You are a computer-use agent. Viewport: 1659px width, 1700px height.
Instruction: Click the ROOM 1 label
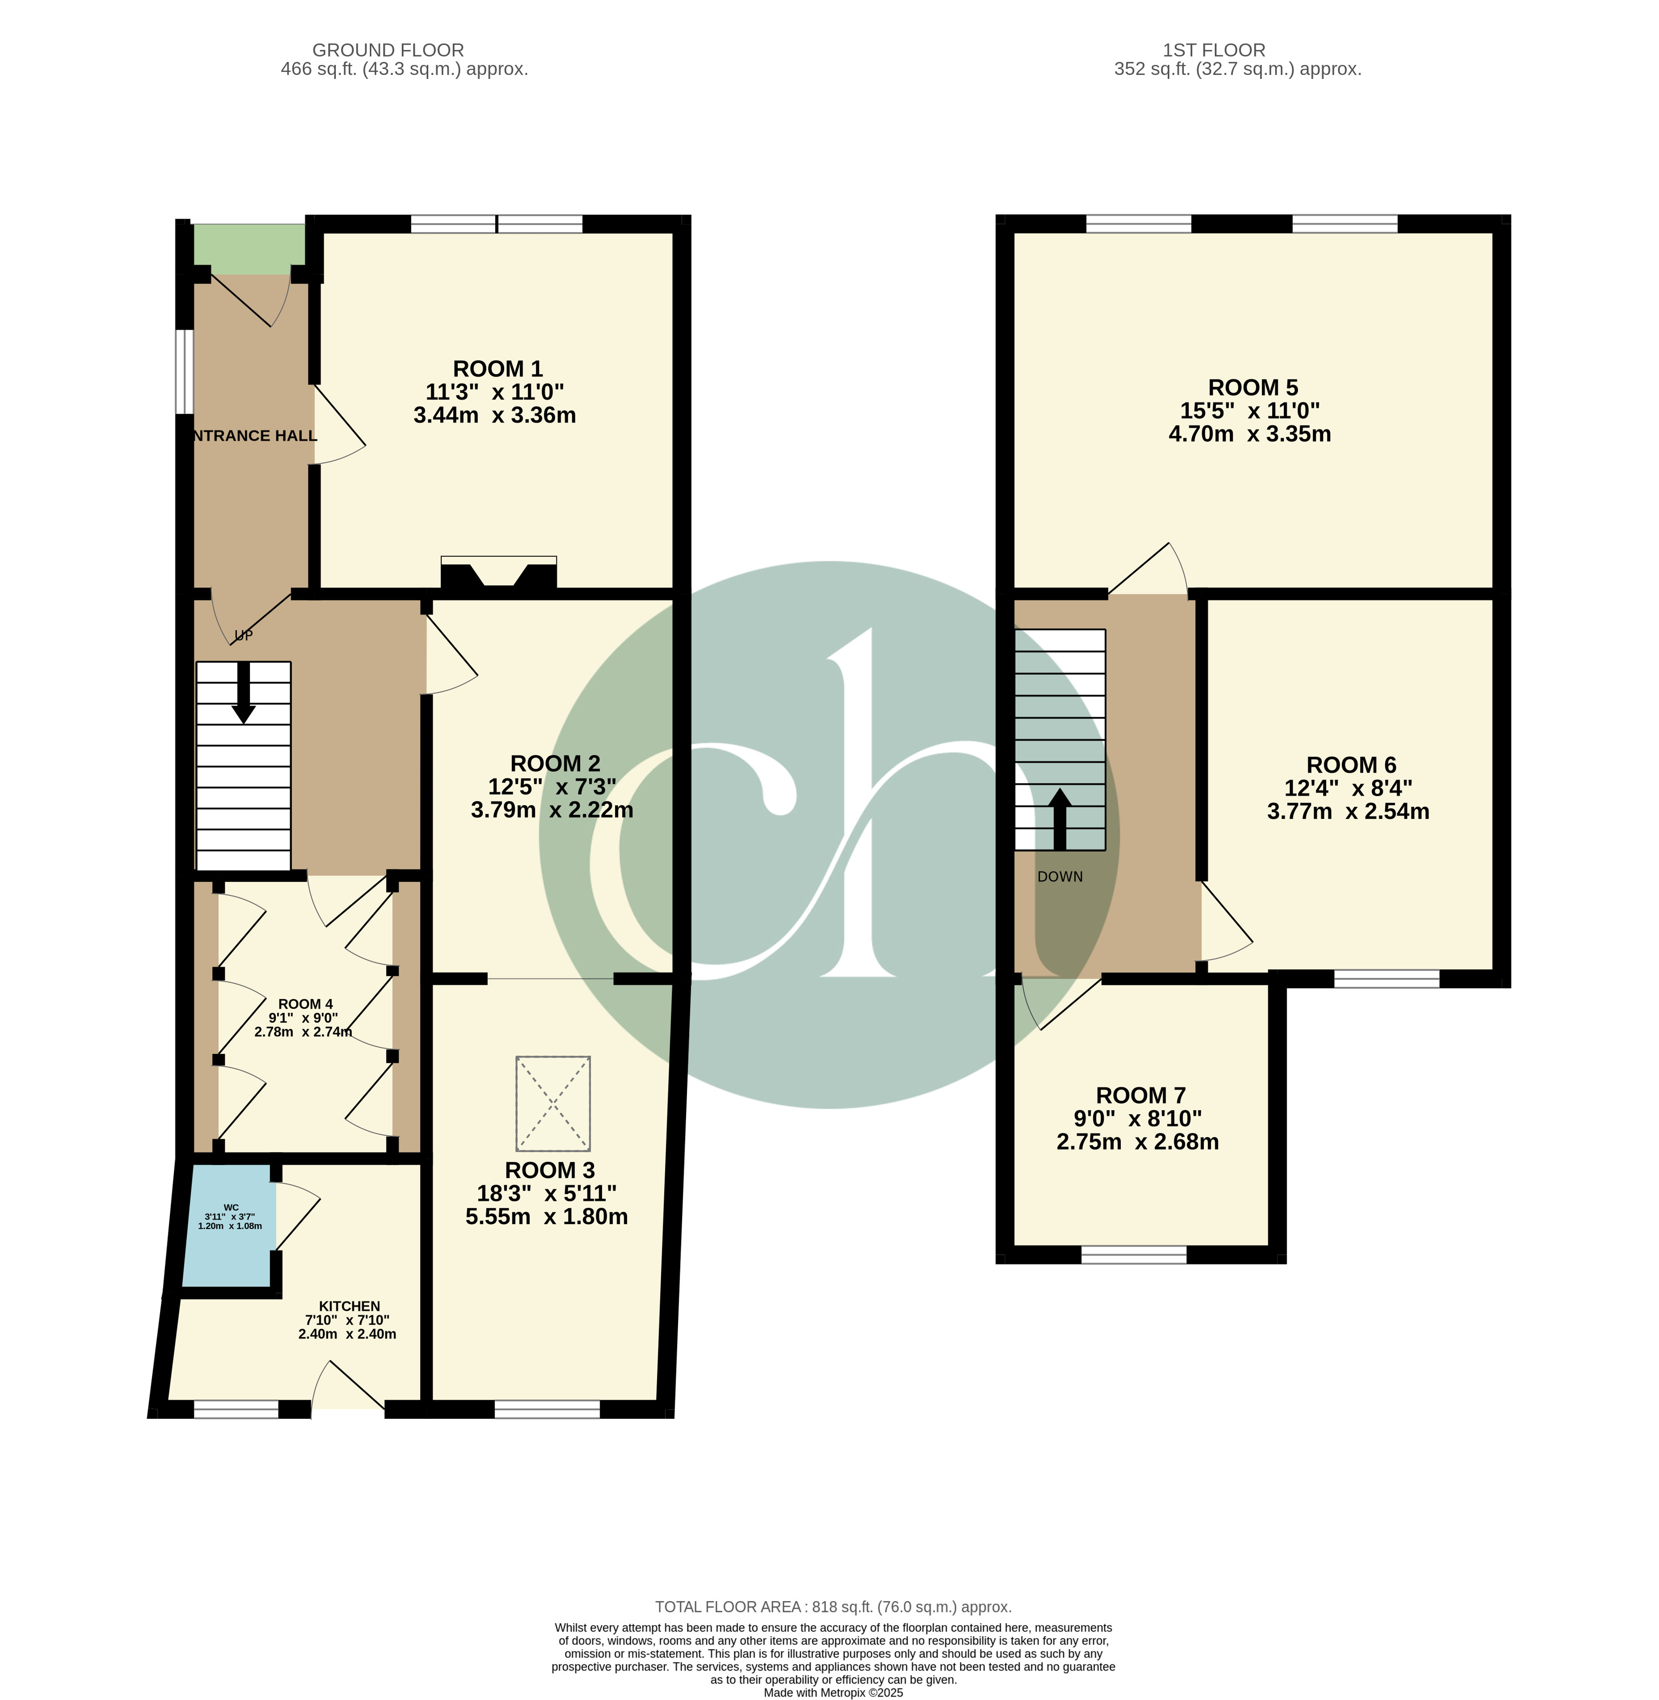(498, 369)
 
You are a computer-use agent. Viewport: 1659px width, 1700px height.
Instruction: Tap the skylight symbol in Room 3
(553, 1103)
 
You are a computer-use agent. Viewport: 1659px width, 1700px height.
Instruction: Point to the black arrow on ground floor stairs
(244, 692)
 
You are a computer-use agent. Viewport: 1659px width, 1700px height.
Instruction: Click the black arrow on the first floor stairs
(1059, 819)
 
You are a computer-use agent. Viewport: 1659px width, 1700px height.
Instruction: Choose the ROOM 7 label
(1140, 1096)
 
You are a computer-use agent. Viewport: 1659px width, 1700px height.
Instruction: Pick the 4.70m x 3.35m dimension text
(1249, 433)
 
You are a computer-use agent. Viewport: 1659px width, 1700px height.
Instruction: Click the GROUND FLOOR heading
(388, 50)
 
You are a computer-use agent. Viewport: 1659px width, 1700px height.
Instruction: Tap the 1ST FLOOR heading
(1238, 50)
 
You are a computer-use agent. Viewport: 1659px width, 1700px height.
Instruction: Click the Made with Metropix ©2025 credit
(833, 1693)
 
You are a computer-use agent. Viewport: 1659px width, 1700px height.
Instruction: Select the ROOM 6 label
(1351, 765)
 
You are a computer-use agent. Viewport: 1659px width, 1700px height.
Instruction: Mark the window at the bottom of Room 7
(1134, 1254)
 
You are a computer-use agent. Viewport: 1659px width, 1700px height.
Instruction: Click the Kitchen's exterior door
(348, 1385)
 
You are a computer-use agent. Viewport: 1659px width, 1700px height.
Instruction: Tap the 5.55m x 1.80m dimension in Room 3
(546, 1217)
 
